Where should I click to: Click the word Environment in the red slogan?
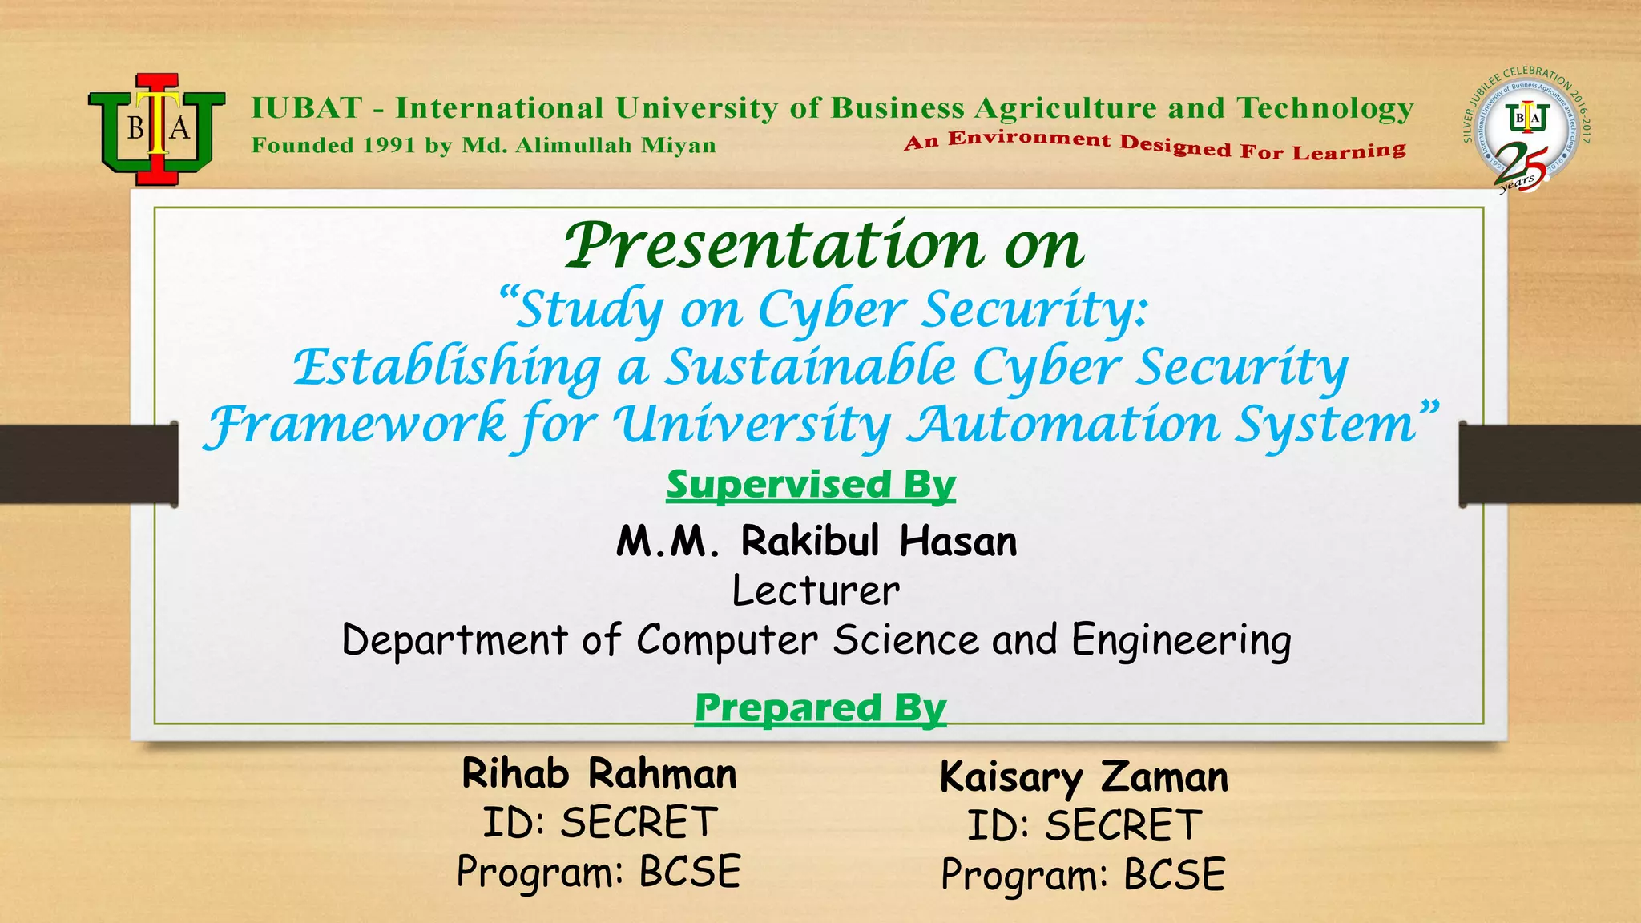point(1030,139)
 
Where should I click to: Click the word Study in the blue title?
point(590,311)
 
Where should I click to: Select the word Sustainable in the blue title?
point(811,368)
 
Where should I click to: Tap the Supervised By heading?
point(811,485)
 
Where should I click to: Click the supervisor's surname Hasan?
point(958,542)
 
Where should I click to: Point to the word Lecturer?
point(816,591)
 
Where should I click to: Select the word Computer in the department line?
point(727,640)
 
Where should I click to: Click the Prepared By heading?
point(820,708)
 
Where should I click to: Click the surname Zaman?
point(1163,777)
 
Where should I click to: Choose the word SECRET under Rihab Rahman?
point(639,823)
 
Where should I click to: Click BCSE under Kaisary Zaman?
point(1174,874)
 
